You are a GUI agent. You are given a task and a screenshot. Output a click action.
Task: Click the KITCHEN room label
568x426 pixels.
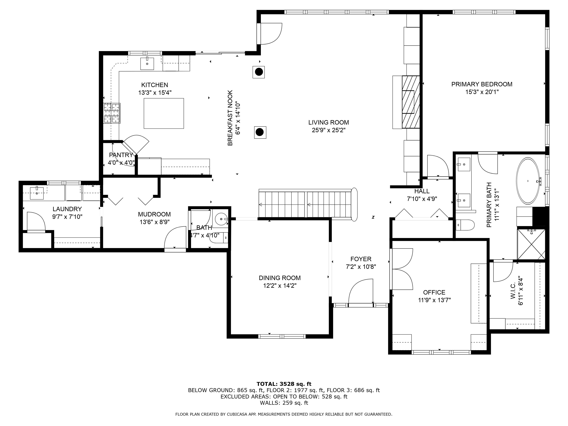tap(155, 85)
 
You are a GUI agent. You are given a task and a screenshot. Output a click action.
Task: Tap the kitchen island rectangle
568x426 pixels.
tap(164, 113)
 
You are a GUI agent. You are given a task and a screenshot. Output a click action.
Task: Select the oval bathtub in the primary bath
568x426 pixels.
tap(528, 181)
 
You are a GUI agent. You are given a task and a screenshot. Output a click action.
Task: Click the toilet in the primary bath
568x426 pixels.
tap(465, 225)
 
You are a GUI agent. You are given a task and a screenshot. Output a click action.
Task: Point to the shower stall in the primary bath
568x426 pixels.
tap(531, 244)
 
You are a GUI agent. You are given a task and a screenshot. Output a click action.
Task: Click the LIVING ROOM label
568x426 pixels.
tap(329, 122)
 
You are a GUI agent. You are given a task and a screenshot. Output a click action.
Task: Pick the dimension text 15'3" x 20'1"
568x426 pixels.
tap(482, 92)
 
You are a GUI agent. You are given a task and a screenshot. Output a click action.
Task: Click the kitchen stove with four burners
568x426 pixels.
tap(112, 113)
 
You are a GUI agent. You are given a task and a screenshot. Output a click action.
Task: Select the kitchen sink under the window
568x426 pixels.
tap(147, 63)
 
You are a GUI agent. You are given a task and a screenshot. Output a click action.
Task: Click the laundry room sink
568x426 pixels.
tap(37, 193)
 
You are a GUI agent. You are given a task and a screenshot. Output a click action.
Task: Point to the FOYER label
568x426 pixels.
tap(361, 259)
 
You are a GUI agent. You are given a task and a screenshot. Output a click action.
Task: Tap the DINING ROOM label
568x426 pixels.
tap(280, 278)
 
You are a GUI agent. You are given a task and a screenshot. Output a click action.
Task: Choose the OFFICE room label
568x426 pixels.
tap(434, 292)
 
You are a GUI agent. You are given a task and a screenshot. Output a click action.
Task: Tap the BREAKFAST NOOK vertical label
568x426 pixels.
tap(230, 118)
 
